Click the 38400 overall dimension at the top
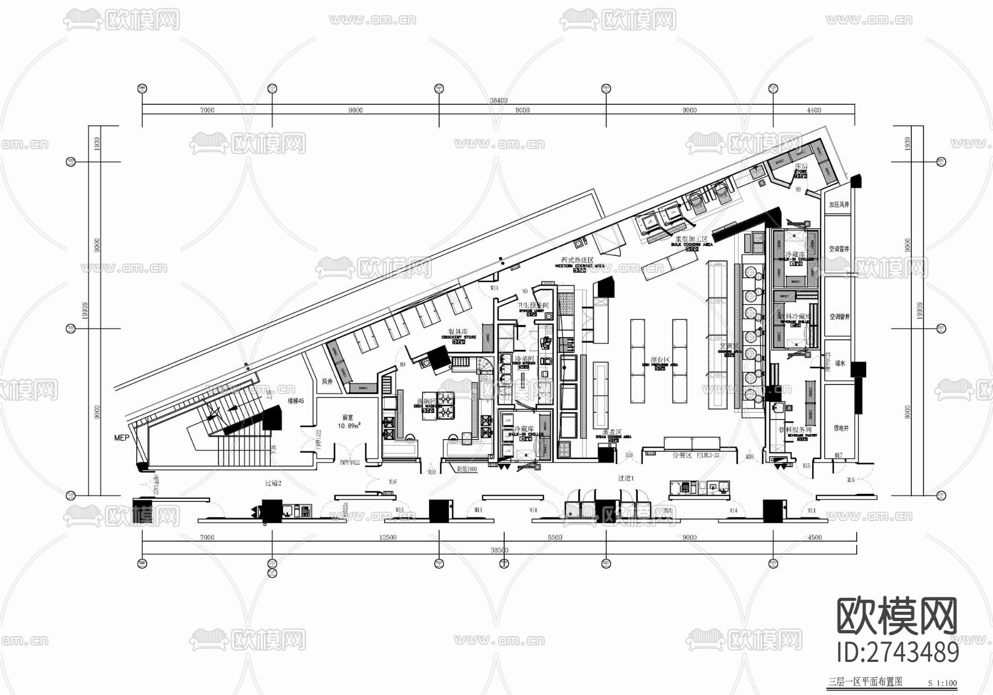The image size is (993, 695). (x=498, y=101)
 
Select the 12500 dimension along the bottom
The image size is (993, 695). (x=387, y=537)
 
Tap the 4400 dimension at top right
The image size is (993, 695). (x=814, y=110)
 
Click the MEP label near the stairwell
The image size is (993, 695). (x=121, y=438)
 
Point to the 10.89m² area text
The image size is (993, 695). (x=349, y=426)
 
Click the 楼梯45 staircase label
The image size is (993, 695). (x=296, y=401)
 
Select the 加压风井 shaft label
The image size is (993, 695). (x=839, y=205)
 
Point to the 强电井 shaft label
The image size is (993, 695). (x=840, y=428)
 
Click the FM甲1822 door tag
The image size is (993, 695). (x=349, y=462)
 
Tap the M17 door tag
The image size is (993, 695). (x=838, y=456)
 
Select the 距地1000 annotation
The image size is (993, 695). (x=467, y=469)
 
